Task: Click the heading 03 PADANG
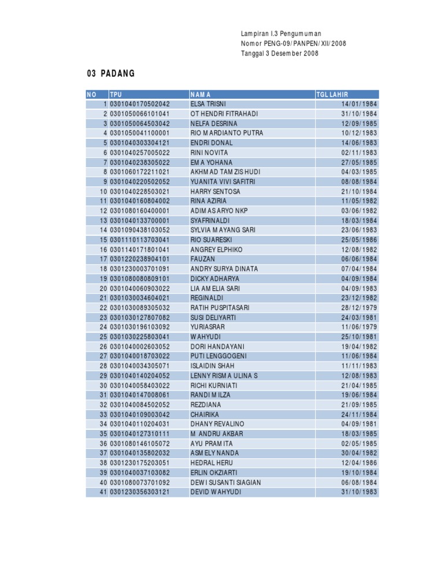[110, 73]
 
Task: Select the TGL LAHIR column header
[332, 94]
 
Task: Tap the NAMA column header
[201, 94]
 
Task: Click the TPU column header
[116, 94]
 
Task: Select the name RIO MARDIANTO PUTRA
[227, 133]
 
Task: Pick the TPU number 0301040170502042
[140, 104]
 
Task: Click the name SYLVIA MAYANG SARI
[223, 230]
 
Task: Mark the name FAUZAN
[202, 259]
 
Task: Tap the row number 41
[103, 492]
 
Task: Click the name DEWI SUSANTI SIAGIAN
[225, 482]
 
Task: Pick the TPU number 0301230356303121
[140, 492]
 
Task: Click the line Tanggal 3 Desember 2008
[280, 54]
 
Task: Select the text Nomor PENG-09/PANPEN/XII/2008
[294, 44]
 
